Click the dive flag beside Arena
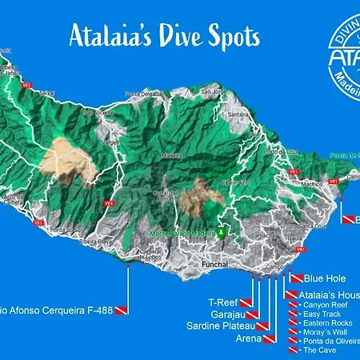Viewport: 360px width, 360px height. coord(270,339)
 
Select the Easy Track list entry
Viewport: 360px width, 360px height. coord(322,314)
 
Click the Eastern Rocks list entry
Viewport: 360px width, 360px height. coord(326,323)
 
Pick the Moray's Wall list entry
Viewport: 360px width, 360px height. coord(326,332)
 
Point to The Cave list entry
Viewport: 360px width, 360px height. coord(318,350)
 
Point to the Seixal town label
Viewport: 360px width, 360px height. coord(46,93)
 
